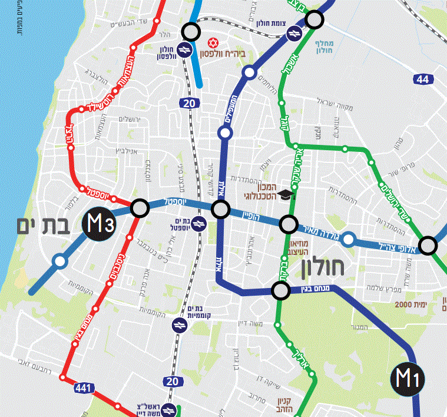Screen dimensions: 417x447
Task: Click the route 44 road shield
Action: pos(422,80)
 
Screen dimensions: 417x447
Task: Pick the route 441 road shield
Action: pos(83,388)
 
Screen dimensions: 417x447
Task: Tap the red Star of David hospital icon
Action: pos(213,44)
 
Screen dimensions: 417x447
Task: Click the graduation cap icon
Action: pos(286,194)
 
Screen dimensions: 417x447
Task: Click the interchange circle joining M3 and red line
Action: pos(140,208)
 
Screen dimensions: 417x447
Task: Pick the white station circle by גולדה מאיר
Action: pos(349,239)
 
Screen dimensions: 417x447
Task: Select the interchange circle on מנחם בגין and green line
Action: pos(281,290)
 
